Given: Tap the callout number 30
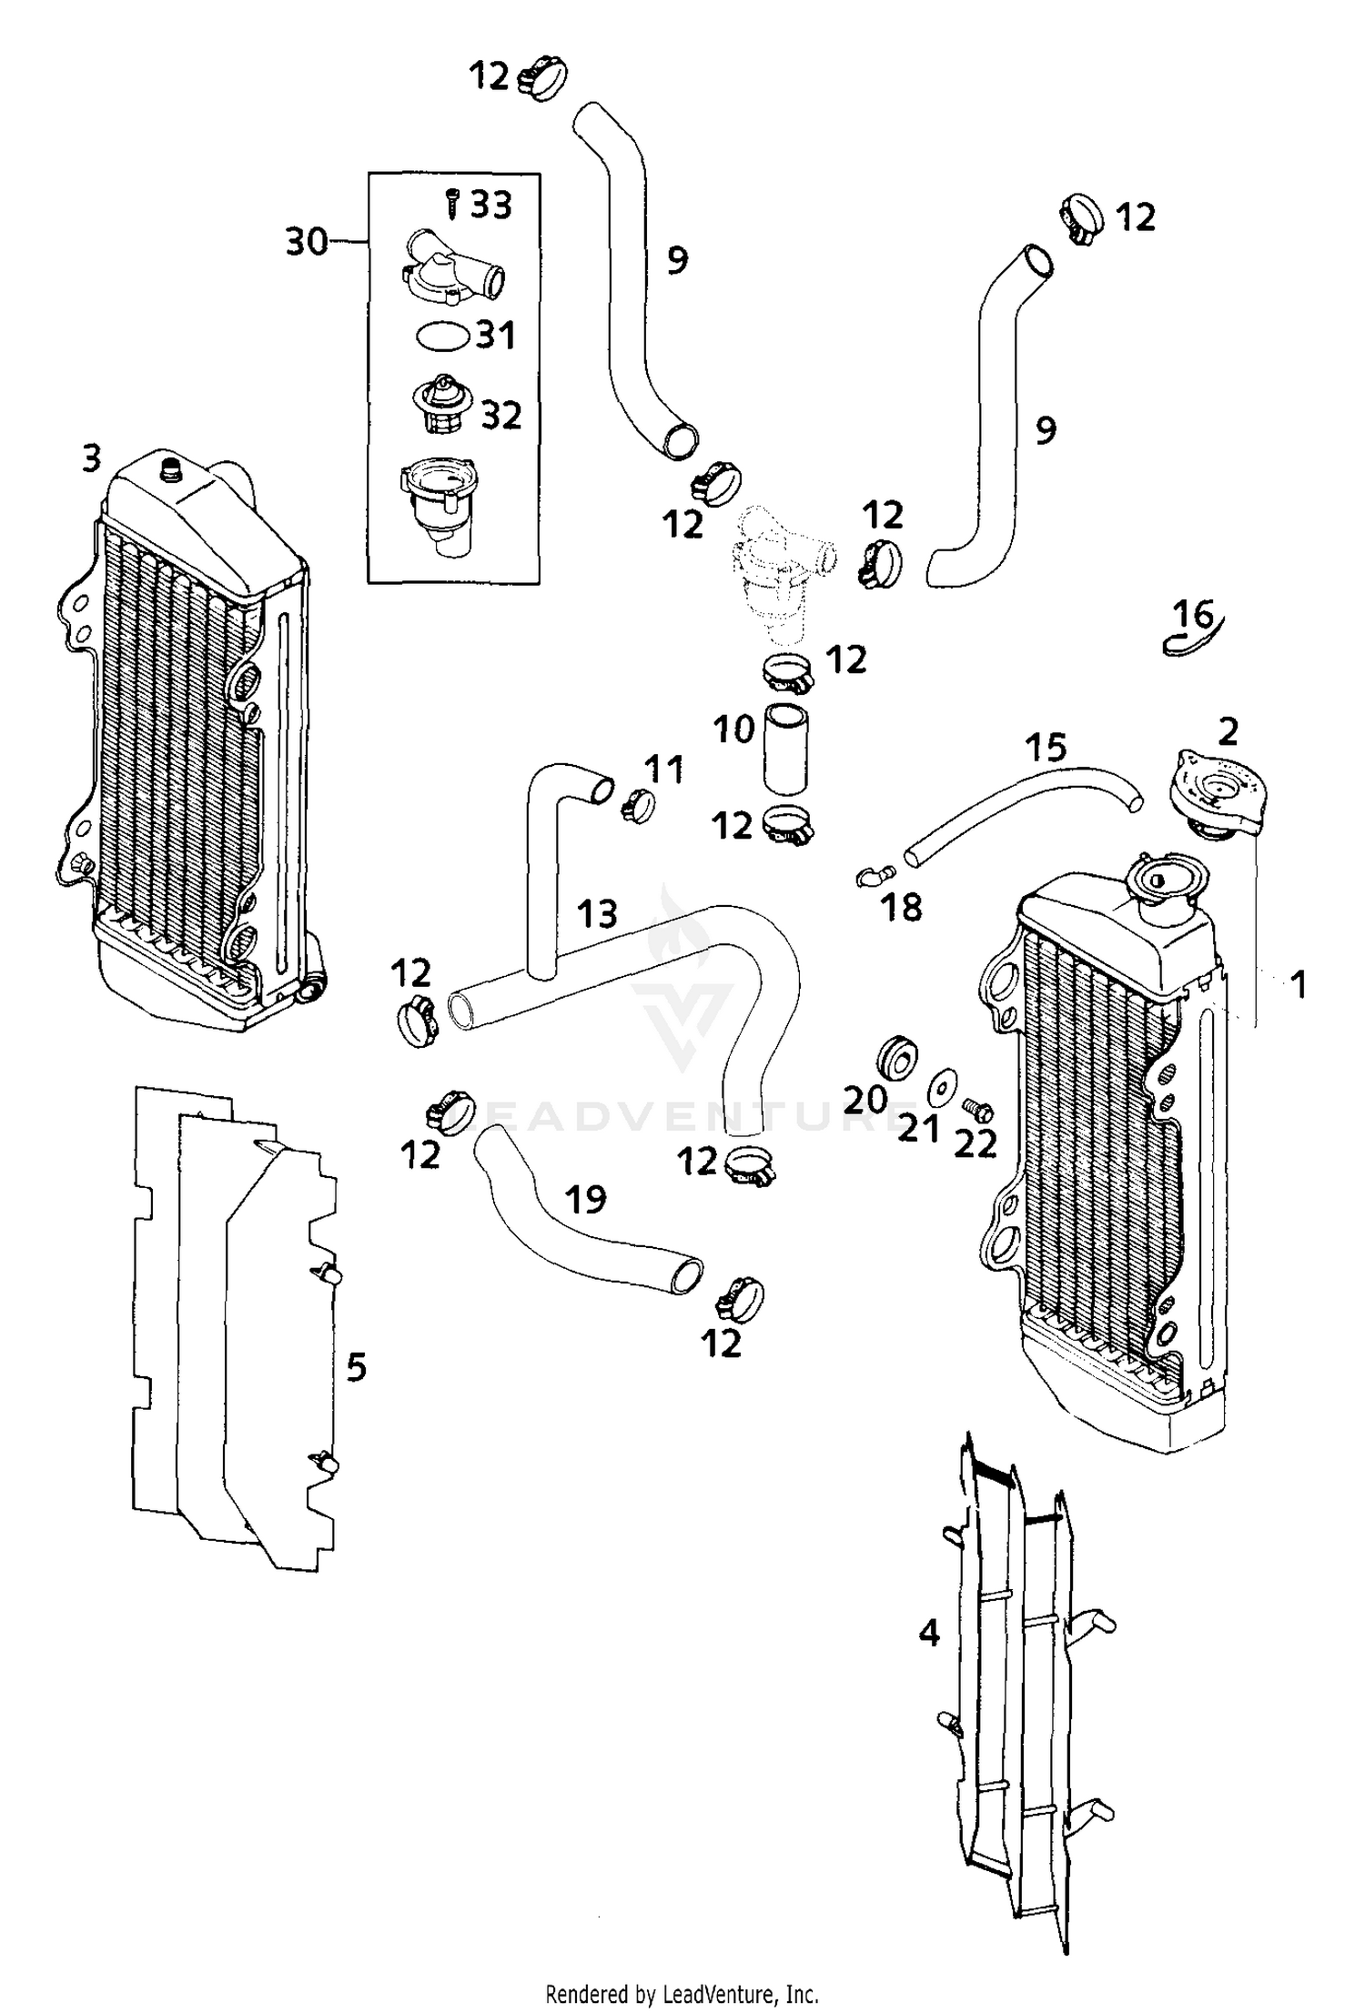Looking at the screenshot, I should tap(307, 242).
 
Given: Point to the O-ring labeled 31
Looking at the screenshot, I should tap(442, 336).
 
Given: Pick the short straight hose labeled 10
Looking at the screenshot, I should tap(786, 749).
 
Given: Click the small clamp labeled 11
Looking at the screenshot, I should tap(639, 806).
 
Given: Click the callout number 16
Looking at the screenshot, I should tap(1193, 615).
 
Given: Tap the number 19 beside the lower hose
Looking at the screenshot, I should tap(585, 1199).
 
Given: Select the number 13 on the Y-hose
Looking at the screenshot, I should tap(597, 913).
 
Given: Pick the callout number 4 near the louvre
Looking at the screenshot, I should tap(928, 1634).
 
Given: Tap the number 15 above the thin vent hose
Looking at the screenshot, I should tap(1046, 748).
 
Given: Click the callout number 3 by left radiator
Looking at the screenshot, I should tap(91, 458).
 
